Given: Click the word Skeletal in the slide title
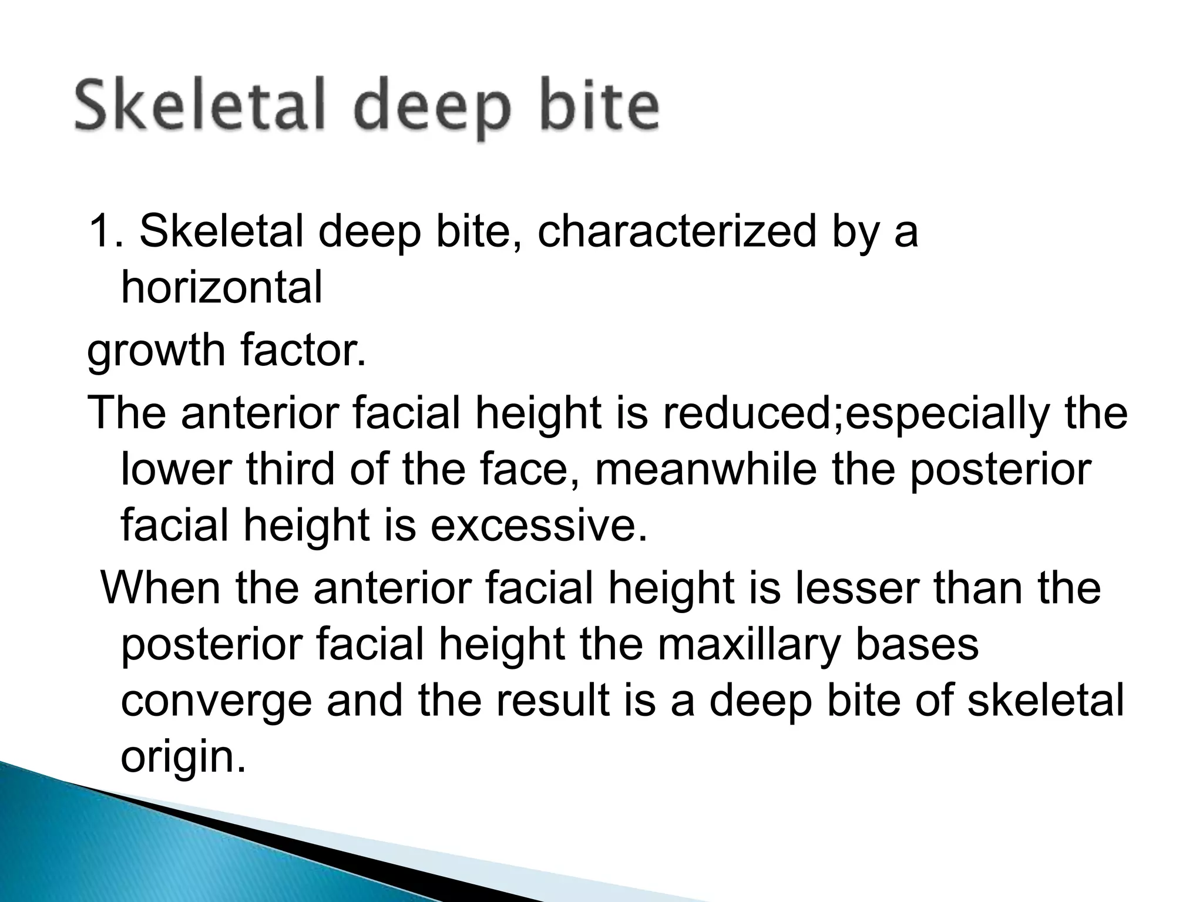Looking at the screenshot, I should point(200,107).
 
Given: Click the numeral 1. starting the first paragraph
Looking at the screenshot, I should point(105,231).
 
